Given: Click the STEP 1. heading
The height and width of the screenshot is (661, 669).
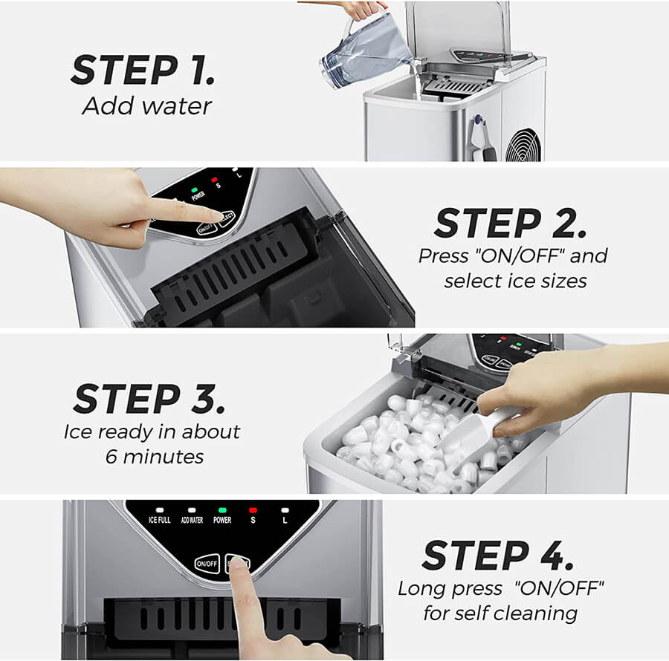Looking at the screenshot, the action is coord(143,70).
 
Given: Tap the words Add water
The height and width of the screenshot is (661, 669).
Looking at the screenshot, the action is coord(146,106).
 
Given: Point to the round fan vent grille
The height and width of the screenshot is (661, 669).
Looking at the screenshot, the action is coord(523,146).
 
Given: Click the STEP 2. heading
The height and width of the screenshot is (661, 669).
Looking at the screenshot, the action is coord(511,223).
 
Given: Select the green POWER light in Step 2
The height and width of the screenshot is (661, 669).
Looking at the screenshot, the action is coord(195,189).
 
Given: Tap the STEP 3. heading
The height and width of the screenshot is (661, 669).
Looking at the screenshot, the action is coord(149,399).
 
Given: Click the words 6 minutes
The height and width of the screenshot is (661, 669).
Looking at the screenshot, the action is coord(155,457).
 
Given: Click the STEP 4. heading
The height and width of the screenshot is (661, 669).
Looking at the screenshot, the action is coord(498,556).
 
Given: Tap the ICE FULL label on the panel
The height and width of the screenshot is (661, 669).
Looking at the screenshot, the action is coord(160,520).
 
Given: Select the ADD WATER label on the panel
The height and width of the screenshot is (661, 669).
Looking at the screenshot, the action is coord(192,520).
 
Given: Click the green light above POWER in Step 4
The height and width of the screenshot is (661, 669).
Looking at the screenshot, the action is coord(222,510).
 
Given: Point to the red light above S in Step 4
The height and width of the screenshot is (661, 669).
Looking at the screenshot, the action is coord(253,510).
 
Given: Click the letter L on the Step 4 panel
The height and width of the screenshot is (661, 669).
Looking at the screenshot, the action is coord(285,521).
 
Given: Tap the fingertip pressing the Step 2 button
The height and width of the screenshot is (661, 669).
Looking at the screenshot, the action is coord(219,217).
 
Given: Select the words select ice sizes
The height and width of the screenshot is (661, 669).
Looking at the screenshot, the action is coord(515,281).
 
